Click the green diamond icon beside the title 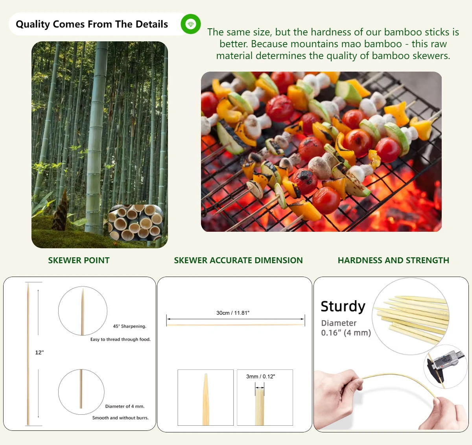pos(191,24)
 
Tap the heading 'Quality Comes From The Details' pos(92,24)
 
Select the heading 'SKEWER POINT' pos(79,260)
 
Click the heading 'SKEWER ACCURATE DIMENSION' pos(238,260)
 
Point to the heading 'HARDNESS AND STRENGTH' pos(393,260)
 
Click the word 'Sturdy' pos(343,306)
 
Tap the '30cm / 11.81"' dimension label pos(233,313)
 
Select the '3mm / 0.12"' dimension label pos(260,377)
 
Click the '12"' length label pos(39,353)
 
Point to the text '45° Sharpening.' pos(129,326)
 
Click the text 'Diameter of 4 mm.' pos(125,406)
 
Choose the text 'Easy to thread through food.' pos(120,339)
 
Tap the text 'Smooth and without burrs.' pos(120,418)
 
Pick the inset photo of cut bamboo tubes pos(136,222)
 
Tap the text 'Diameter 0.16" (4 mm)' pos(346,328)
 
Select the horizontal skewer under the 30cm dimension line pos(235,325)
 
